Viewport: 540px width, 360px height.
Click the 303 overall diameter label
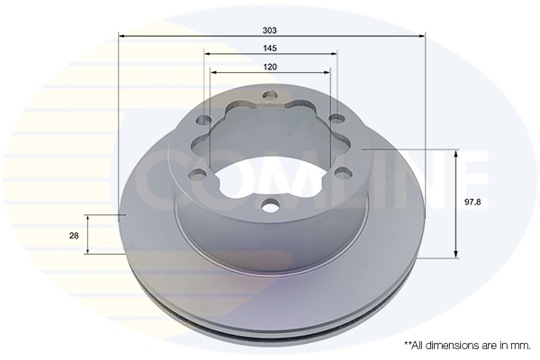270,31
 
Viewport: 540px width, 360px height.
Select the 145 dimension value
270,49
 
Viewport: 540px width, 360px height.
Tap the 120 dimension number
270,67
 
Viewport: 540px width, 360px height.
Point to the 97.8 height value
472,202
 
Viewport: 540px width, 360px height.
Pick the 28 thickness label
74,236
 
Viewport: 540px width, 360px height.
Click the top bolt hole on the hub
270,94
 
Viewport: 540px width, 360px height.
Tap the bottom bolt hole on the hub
270,206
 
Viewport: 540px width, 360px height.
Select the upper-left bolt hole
204,120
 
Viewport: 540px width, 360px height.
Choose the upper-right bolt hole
337,118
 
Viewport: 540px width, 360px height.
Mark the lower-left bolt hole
197,175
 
